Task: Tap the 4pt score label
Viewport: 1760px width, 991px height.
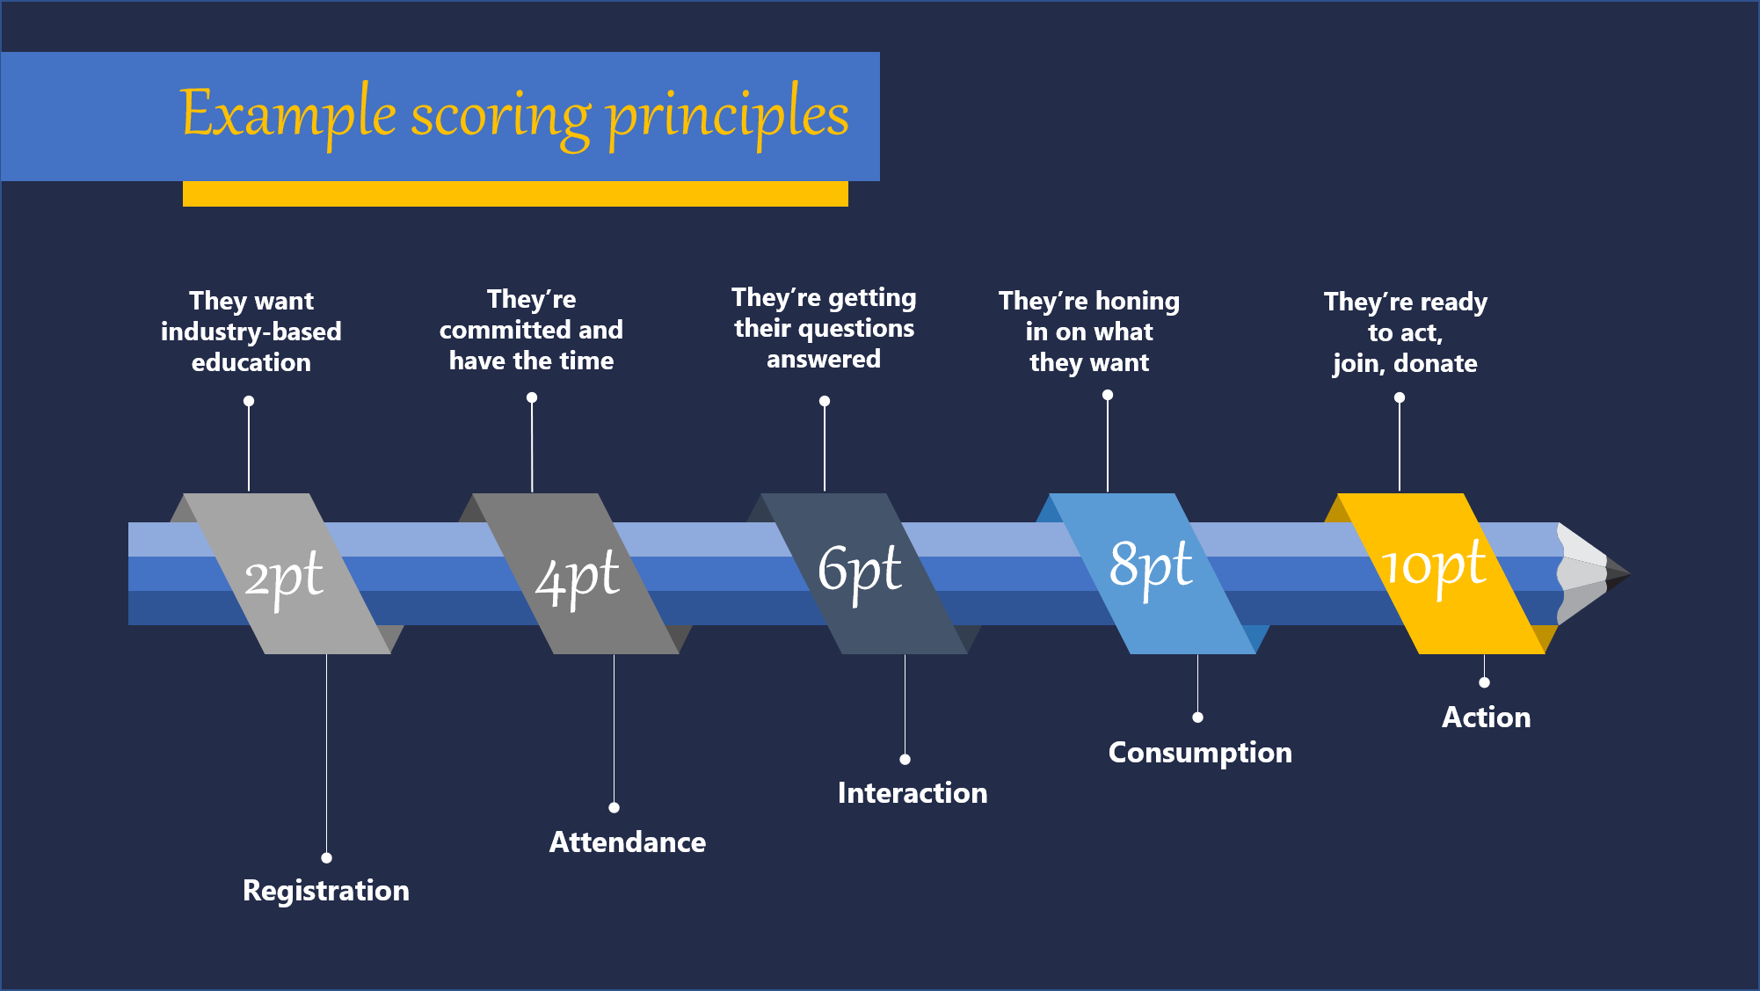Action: [578, 579]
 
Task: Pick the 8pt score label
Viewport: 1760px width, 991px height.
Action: [1151, 567]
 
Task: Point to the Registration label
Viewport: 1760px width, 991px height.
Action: [326, 891]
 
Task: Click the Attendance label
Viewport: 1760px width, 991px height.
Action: [628, 842]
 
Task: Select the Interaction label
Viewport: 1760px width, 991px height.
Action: [913, 793]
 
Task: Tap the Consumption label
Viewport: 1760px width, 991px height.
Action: [1200, 754]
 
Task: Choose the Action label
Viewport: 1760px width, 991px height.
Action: [1487, 718]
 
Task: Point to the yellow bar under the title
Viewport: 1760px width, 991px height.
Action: [515, 193]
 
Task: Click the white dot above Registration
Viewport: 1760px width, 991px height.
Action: [326, 857]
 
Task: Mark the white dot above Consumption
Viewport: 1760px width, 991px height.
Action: [1197, 718]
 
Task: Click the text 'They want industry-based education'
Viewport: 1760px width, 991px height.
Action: [251, 332]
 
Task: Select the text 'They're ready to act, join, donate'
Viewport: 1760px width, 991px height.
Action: [1406, 332]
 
